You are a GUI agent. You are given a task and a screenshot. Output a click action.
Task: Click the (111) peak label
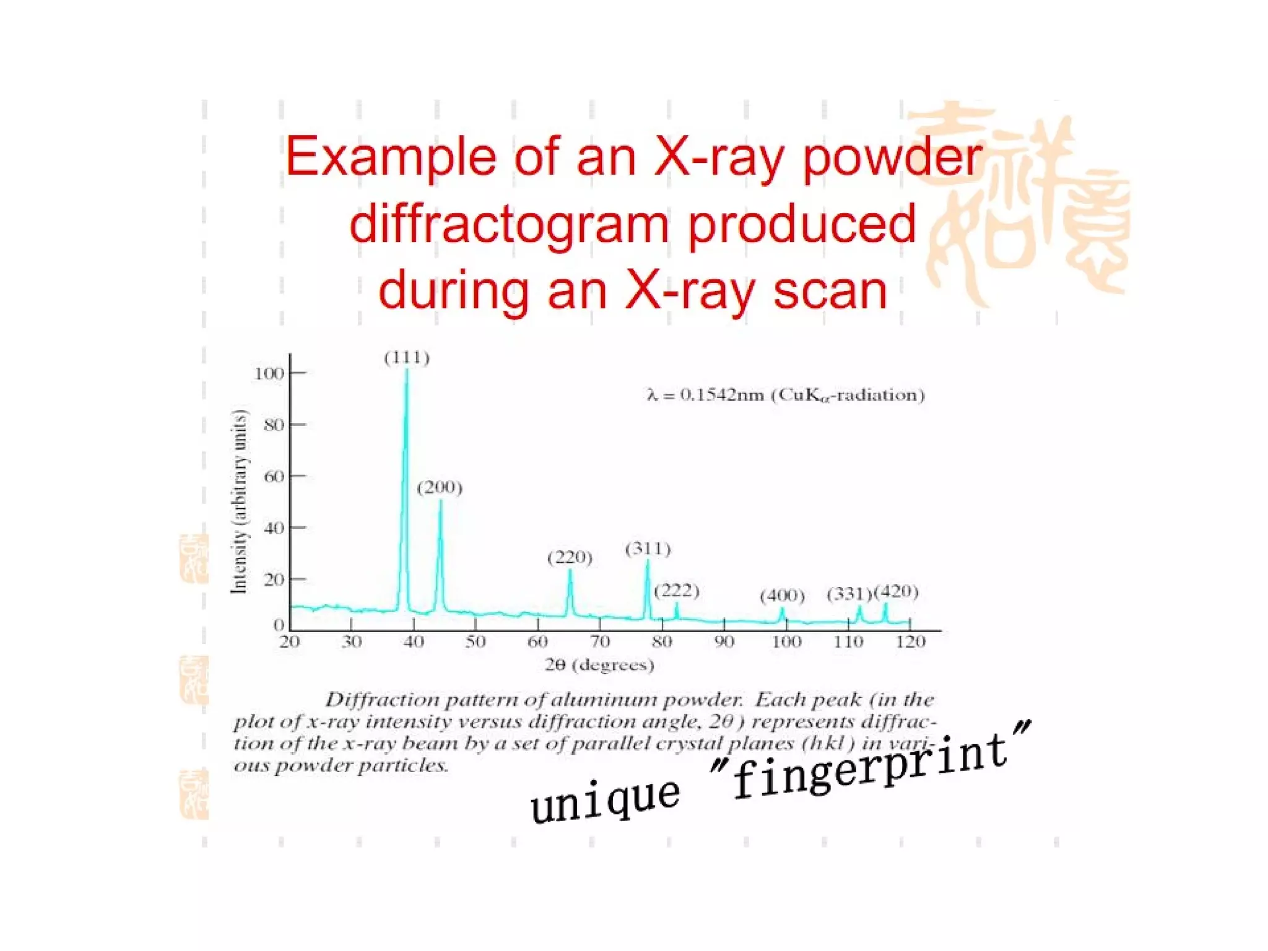[x=407, y=358]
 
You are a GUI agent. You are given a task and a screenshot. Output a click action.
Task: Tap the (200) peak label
[x=440, y=488]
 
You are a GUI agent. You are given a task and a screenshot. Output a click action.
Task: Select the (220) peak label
[x=570, y=558]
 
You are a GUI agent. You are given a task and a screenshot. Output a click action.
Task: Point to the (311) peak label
[x=648, y=549]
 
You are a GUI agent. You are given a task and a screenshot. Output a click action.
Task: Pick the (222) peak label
[x=677, y=591]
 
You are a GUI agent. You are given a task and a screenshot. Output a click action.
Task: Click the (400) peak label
[x=782, y=596]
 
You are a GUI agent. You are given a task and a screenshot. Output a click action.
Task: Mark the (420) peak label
[x=896, y=592]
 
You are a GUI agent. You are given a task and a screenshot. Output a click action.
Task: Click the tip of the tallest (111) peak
[x=407, y=370]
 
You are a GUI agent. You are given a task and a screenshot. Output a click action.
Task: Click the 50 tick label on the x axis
[x=475, y=642]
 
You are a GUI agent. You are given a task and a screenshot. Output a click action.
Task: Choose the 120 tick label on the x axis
[x=910, y=642]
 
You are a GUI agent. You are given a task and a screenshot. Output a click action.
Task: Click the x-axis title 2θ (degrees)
[x=599, y=666]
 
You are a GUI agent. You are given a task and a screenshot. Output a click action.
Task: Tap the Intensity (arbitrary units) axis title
[x=239, y=502]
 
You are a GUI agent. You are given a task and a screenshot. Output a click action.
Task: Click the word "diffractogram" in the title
[x=509, y=224]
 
